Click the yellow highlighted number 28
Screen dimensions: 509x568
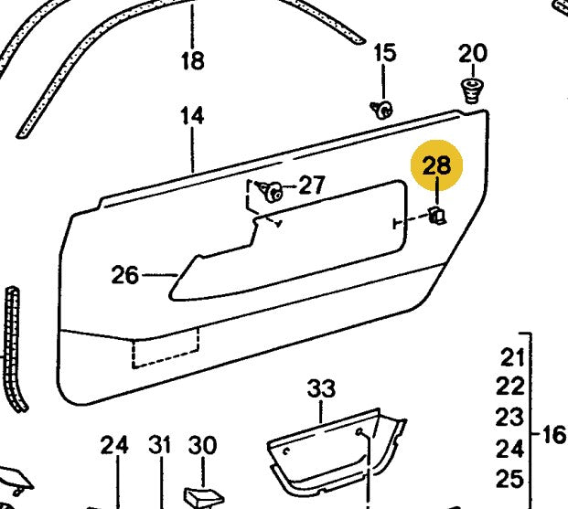click(437, 165)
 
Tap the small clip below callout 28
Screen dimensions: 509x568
click(437, 216)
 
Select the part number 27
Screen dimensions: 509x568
click(311, 186)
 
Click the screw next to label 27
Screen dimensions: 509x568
click(272, 191)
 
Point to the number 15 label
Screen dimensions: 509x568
click(385, 53)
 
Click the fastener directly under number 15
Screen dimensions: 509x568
click(382, 111)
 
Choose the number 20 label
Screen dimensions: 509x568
click(473, 53)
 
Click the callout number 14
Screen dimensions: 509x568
click(192, 116)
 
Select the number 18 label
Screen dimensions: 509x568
click(192, 61)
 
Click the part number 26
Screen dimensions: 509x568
click(124, 274)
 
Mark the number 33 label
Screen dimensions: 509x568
click(321, 388)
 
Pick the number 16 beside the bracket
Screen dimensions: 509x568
click(553, 433)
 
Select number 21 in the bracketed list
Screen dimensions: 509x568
click(512, 355)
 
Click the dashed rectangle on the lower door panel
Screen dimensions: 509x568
click(166, 352)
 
